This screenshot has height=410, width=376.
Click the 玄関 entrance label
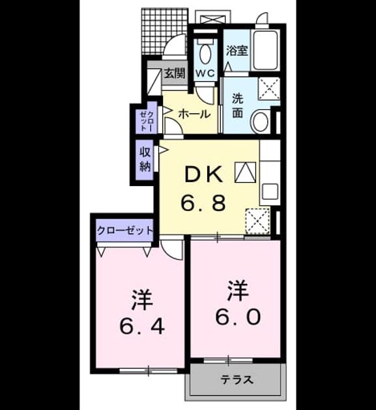click(175, 74)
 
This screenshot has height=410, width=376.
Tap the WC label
click(205, 74)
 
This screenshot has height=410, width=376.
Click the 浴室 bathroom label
click(237, 50)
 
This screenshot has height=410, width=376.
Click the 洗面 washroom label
click(238, 105)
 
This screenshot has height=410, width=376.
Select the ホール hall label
click(195, 114)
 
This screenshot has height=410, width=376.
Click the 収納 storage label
click(145, 159)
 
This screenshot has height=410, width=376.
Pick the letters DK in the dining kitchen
click(204, 175)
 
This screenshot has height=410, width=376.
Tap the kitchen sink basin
click(270, 192)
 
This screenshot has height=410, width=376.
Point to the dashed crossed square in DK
click(257, 221)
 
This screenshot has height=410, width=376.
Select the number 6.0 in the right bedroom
click(238, 316)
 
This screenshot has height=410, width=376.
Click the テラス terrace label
click(237, 379)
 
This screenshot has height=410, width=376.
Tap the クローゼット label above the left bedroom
click(125, 230)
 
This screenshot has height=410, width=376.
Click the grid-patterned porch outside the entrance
click(165, 31)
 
